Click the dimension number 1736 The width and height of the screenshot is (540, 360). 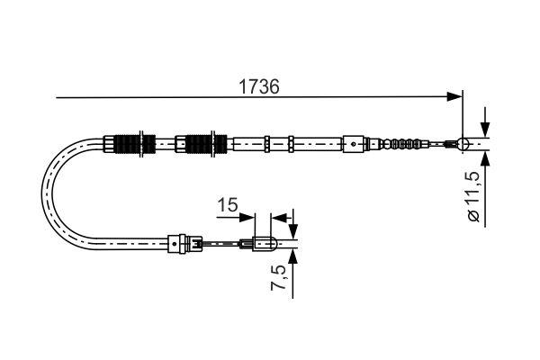[259, 86]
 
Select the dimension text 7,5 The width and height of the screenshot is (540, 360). [281, 280]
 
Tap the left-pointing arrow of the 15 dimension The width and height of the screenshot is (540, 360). [279, 216]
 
